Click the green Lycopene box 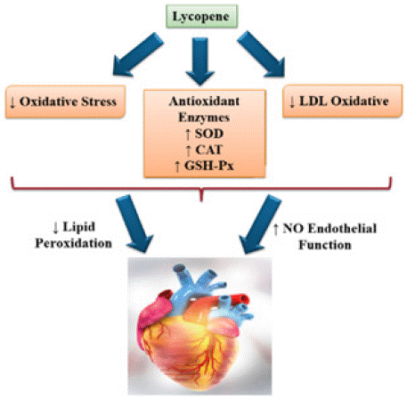tap(201, 16)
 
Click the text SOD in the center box tap(209, 134)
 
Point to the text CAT tap(208, 150)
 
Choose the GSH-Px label tap(209, 166)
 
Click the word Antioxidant tap(204, 102)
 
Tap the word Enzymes tap(204, 118)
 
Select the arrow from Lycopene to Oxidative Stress tap(137, 54)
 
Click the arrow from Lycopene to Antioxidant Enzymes tap(200, 61)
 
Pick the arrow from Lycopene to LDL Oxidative tap(262, 54)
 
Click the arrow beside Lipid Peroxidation tap(134, 224)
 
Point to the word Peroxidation tap(74, 243)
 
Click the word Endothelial tap(342, 229)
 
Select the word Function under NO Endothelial tap(325, 245)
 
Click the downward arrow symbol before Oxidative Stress tap(12, 102)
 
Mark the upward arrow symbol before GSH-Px tap(177, 167)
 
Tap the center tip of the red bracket tap(201, 200)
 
